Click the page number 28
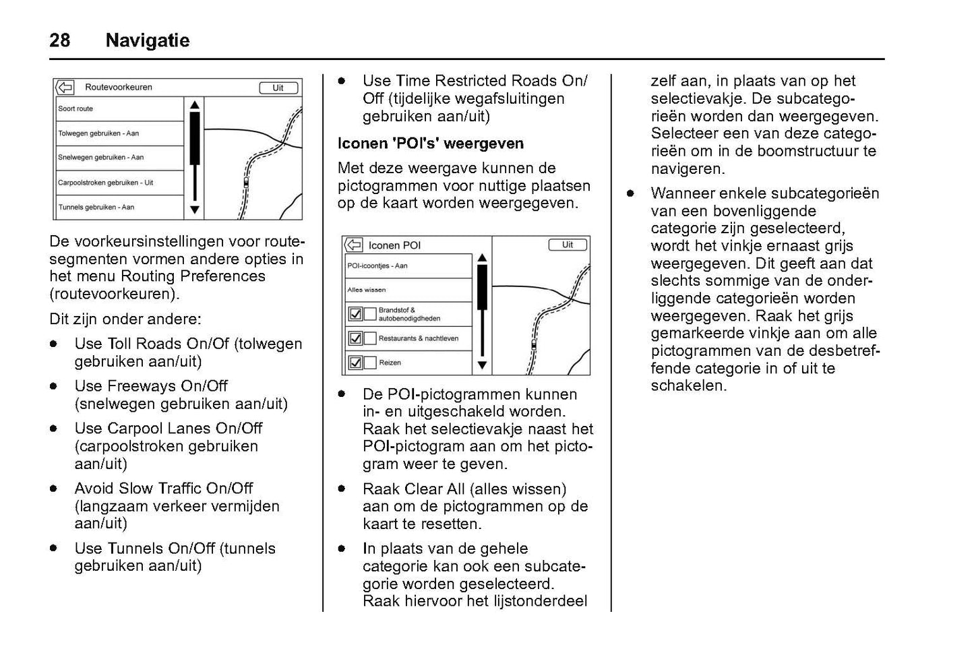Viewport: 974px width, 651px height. point(59,40)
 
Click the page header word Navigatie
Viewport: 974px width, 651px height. point(148,40)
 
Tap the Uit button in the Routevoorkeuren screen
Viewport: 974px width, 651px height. point(278,88)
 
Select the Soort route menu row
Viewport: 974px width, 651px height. point(119,108)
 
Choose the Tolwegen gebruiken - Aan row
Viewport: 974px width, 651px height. point(119,133)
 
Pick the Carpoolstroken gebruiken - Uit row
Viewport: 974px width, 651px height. point(119,183)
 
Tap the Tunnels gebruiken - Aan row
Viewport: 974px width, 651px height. point(119,208)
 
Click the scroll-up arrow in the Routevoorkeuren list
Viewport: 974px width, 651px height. point(195,105)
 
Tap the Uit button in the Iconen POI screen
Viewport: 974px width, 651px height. point(568,245)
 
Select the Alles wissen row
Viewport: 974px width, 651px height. point(408,290)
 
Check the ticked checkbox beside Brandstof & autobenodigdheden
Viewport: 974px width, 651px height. point(355,314)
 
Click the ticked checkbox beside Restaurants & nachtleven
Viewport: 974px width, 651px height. point(355,338)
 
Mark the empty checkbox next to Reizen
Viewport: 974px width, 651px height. point(370,363)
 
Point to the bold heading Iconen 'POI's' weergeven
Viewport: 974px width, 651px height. point(431,144)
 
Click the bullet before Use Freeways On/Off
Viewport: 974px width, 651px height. point(53,386)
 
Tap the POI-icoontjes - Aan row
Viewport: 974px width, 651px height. point(408,266)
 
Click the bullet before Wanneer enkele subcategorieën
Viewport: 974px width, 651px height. point(630,193)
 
